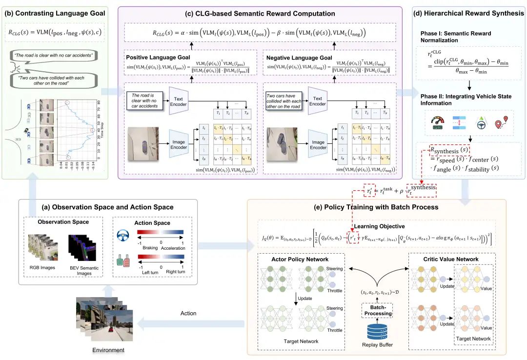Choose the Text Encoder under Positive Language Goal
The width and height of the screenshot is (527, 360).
tap(179, 100)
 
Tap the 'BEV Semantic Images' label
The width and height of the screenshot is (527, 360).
tap(86, 270)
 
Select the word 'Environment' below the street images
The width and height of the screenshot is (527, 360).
tap(108, 350)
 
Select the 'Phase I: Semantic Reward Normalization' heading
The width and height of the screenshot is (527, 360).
tap(455, 37)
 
